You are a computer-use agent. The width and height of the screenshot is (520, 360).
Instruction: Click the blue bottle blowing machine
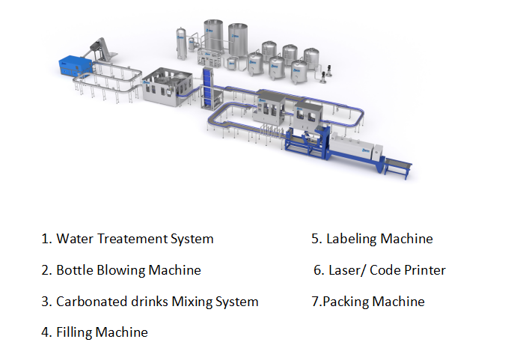[76, 64]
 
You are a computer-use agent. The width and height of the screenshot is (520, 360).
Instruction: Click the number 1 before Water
[45, 239]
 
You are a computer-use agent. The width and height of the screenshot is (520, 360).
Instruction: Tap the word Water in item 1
[73, 239]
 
